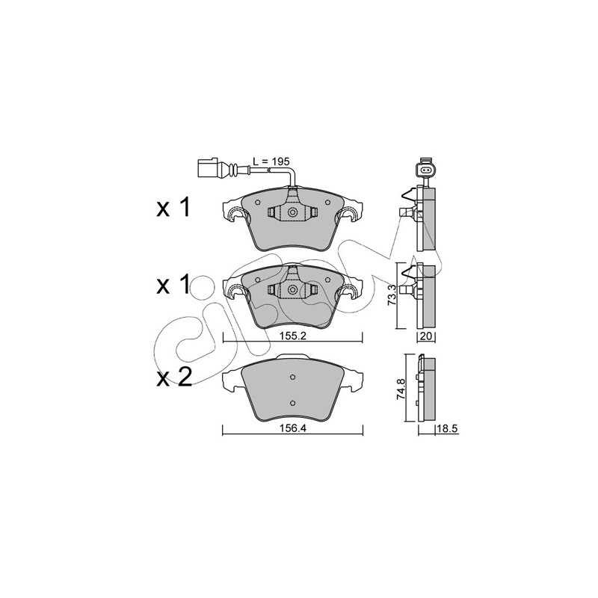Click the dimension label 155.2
[292, 336]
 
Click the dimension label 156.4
[292, 428]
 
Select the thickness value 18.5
[446, 428]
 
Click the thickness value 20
[425, 336]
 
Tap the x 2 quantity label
[174, 378]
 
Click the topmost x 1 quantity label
[173, 209]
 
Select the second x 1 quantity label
[173, 286]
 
